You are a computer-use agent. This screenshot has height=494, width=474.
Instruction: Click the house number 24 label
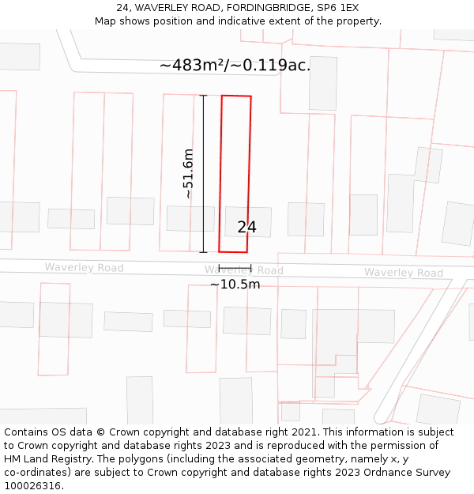coord(246,228)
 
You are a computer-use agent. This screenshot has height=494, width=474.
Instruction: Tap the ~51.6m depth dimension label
coord(188,174)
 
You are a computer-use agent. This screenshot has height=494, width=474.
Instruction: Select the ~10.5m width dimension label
coord(235,285)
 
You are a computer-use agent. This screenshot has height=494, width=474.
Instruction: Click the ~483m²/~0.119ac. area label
coord(235,66)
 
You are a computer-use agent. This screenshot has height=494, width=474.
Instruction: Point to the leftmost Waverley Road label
coord(84,268)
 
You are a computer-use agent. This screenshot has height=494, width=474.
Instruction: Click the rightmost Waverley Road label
coord(403,273)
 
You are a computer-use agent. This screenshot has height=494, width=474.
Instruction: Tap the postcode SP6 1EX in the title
coord(337,8)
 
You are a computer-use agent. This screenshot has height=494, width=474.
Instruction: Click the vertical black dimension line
coord(204,174)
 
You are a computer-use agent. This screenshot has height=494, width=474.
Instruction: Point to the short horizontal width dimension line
coord(235,269)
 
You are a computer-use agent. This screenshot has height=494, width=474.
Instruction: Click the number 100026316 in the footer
coord(32,486)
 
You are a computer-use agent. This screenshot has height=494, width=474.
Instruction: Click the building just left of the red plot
coord(190,219)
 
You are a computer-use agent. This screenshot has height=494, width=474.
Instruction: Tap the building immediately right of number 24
coord(306,219)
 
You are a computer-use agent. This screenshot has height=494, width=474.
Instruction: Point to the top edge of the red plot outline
coord(236,96)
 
